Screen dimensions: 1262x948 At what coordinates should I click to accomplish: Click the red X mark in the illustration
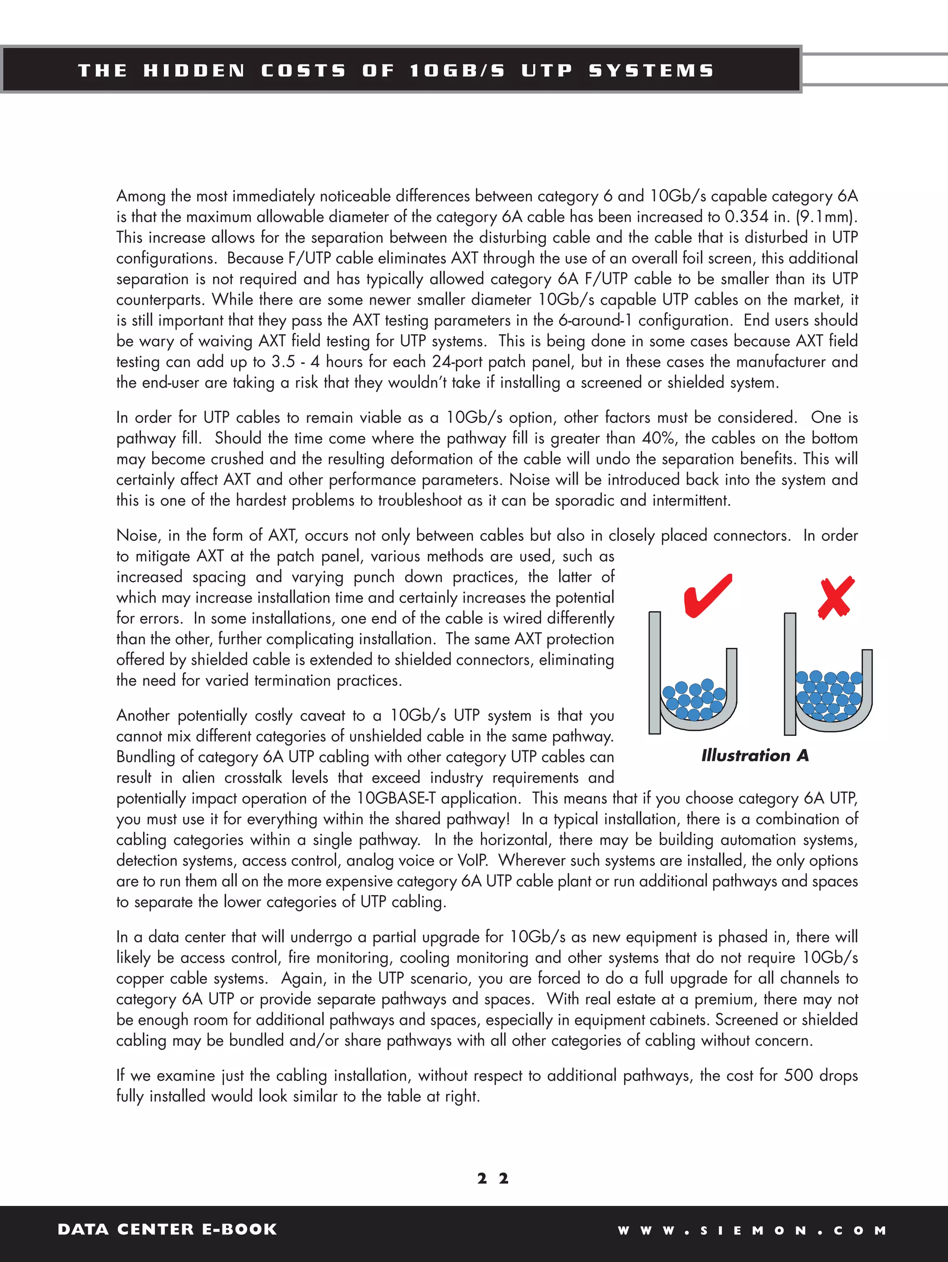click(x=836, y=597)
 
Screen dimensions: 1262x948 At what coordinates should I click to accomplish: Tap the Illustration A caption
click(x=755, y=755)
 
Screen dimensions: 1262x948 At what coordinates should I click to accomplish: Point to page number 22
click(x=493, y=1178)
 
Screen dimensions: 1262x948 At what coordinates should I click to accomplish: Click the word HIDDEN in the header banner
click(x=194, y=71)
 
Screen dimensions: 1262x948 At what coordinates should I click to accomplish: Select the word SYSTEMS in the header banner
click(x=651, y=71)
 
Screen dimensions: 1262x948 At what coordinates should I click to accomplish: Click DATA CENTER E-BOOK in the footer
click(x=167, y=1229)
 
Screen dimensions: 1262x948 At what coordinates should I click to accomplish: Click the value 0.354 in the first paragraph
click(x=747, y=217)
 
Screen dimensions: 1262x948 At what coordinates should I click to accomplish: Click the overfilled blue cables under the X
click(x=830, y=695)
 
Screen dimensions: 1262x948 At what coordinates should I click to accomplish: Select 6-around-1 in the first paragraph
click(x=595, y=320)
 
